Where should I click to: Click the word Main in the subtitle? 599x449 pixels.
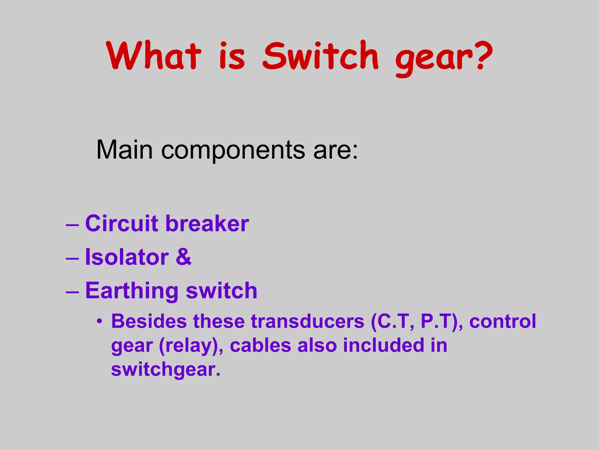124,150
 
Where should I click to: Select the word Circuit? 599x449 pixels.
122,224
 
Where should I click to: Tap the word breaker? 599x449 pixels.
207,224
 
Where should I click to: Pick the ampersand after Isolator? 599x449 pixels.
183,257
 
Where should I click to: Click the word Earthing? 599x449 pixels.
132,291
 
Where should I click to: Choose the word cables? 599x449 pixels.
260,345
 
